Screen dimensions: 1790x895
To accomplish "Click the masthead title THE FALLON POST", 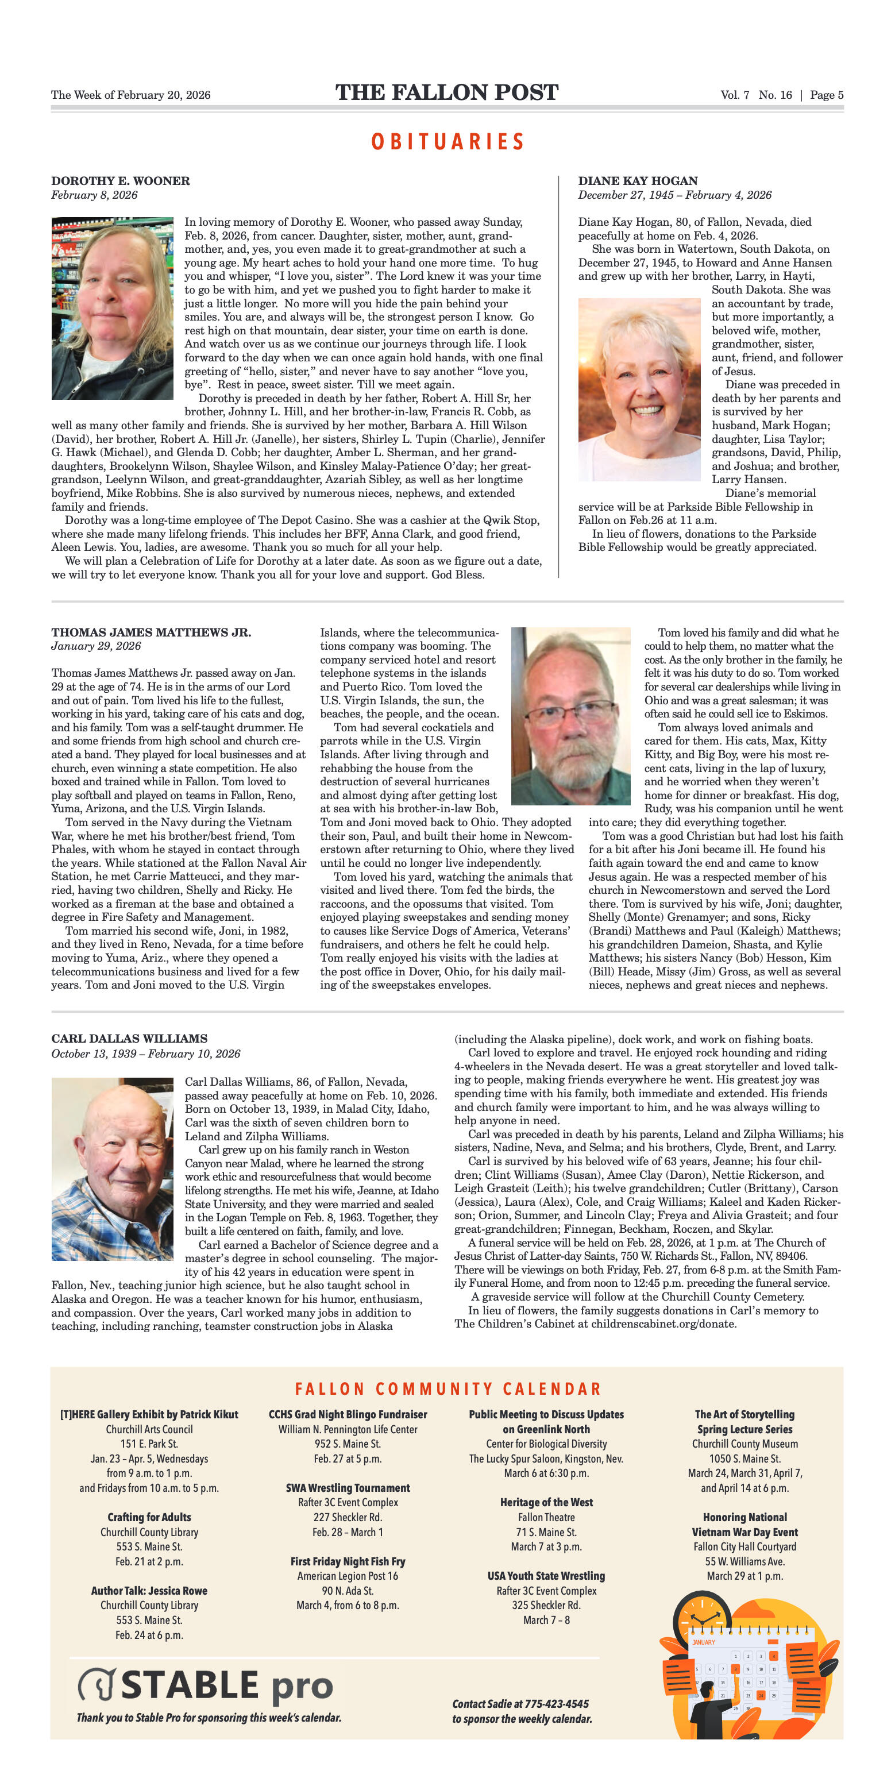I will tap(447, 92).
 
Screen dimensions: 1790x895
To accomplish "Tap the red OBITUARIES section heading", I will tap(447, 142).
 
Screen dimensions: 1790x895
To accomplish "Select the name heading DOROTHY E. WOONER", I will tap(120, 181).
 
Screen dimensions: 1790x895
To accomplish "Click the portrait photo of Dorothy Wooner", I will tap(112, 308).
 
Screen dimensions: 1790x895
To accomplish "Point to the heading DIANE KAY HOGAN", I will tap(638, 181).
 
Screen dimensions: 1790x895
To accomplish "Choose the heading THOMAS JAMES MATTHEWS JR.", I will tap(151, 632).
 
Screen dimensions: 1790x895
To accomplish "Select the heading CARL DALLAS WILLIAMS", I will tap(129, 1038).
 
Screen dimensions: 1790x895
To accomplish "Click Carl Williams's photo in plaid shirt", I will tap(112, 1169).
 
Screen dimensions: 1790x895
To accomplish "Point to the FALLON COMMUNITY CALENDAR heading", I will tap(447, 1389).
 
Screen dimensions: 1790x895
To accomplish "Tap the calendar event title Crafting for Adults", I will tap(149, 1517).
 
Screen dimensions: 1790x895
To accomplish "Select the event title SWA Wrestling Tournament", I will tap(348, 1488).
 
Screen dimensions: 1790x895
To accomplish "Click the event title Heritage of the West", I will tap(546, 1502).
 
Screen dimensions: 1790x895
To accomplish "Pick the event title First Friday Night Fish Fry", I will tap(348, 1561).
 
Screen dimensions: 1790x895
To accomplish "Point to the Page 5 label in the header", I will tap(826, 95).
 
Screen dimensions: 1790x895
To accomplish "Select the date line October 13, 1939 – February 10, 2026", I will tap(145, 1054).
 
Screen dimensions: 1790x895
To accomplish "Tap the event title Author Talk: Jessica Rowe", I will tap(149, 1591).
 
